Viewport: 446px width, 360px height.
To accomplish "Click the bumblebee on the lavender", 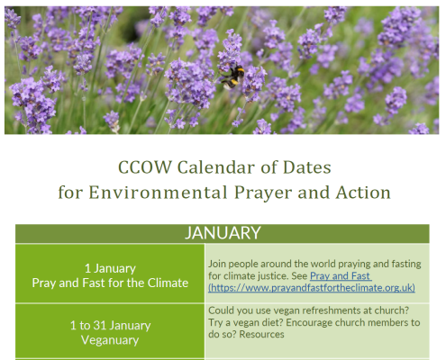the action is (x=232, y=77).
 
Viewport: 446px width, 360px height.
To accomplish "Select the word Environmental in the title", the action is (x=158, y=193).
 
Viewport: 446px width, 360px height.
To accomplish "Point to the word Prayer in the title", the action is (x=263, y=193).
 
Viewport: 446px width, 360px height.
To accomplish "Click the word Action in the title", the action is (x=363, y=193).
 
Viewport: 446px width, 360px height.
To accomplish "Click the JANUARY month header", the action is (x=223, y=233).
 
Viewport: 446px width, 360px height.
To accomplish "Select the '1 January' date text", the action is (x=110, y=268).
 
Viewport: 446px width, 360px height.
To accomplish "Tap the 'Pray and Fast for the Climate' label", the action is (x=110, y=283).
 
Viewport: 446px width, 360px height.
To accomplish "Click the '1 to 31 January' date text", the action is (x=110, y=326).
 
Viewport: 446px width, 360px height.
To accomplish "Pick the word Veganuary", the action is (x=110, y=340).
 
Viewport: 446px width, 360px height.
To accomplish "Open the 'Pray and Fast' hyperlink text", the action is (x=341, y=276).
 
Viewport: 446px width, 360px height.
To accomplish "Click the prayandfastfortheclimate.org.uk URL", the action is (x=312, y=288).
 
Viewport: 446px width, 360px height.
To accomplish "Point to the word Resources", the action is (x=261, y=334).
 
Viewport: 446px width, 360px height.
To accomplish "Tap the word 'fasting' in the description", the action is (x=406, y=265).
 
